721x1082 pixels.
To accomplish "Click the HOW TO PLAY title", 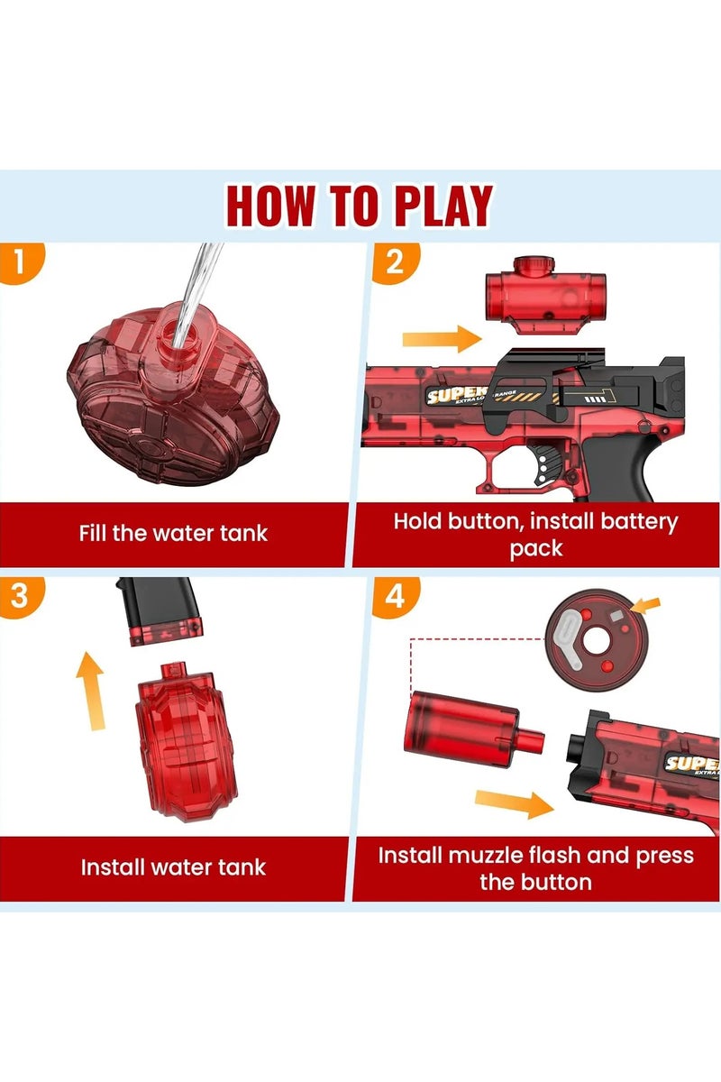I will click(360, 206).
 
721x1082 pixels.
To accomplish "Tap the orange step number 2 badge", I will click(393, 261).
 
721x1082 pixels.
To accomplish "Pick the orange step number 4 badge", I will click(393, 595).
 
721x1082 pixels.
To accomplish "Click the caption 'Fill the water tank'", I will click(173, 533).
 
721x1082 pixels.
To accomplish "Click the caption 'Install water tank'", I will click(173, 867).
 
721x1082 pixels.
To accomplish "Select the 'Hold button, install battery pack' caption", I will click(535, 535).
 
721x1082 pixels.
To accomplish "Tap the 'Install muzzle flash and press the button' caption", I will click(535, 868).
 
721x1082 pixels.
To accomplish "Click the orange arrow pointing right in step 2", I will click(442, 339).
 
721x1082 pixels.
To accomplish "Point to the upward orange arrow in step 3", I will click(89, 691).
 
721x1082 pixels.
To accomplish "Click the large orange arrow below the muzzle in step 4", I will click(514, 802).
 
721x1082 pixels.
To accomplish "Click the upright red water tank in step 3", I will click(179, 739).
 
